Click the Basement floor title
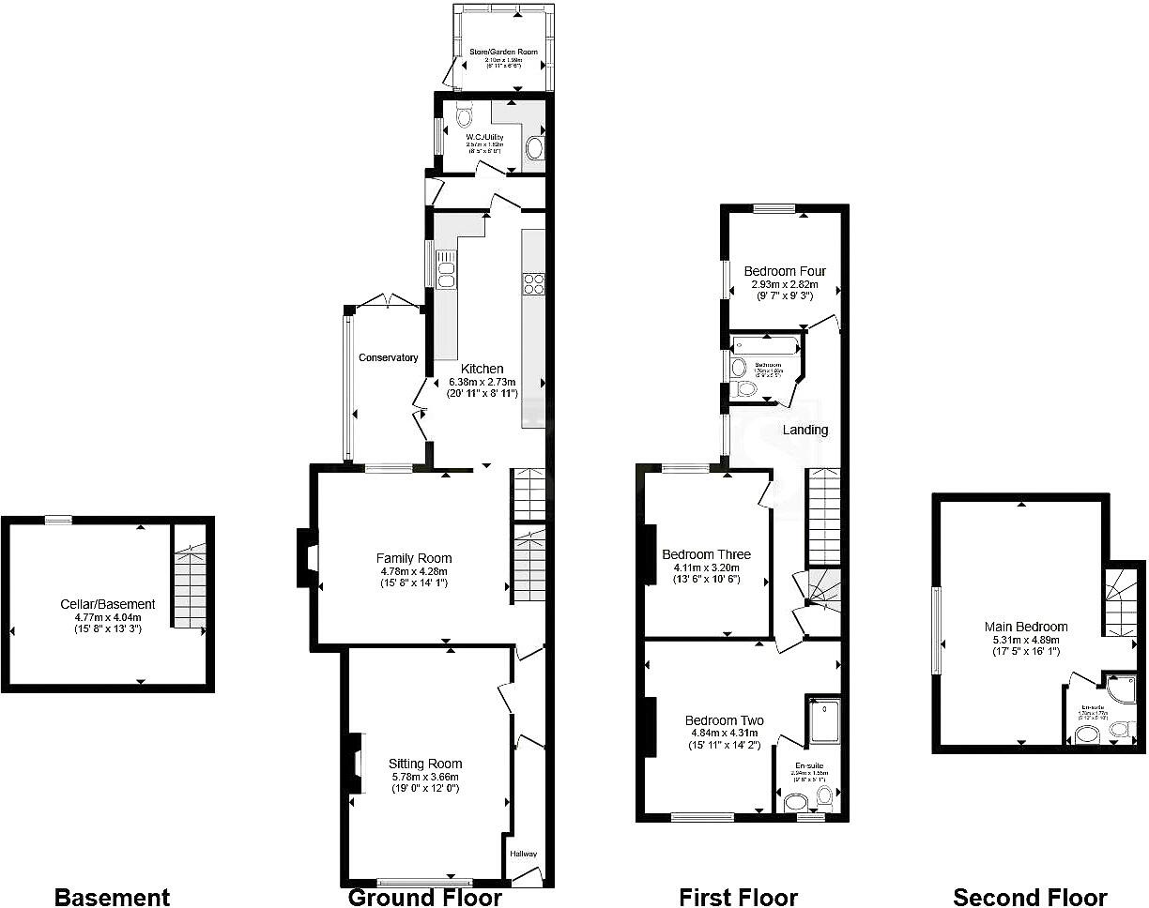pos(112,898)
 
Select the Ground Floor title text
pos(425,898)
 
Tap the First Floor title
pos(738,898)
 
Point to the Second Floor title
pos(1030,898)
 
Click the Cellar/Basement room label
pos(108,605)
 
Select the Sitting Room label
pos(425,764)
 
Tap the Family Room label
pos(414,558)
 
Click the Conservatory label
pos(388,357)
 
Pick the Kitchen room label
pos(482,369)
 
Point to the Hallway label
pos(523,854)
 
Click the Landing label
pos(805,430)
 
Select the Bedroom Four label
pos(785,271)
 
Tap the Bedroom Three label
pos(706,554)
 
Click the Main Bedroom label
pos(1026,627)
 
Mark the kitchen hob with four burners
pos(534,283)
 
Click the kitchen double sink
pos(445,267)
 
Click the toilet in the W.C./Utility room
pos(463,116)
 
